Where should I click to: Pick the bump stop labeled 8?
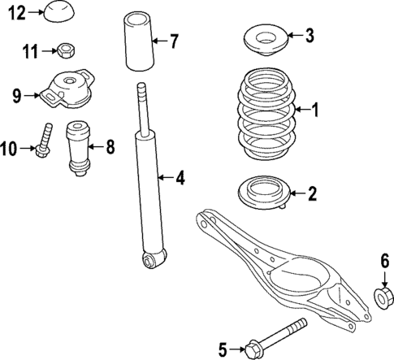(x=78, y=145)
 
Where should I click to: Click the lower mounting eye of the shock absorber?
(x=149, y=259)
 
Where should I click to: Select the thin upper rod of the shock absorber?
(x=143, y=106)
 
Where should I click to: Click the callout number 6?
(x=385, y=260)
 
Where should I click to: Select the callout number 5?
(x=223, y=350)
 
